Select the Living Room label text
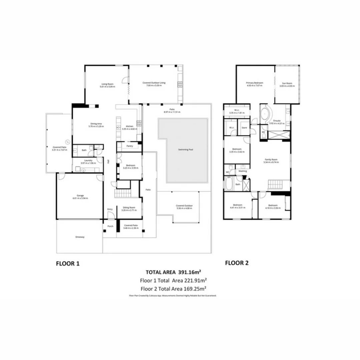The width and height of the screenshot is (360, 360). point(108,84)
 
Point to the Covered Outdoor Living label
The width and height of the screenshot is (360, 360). point(154,83)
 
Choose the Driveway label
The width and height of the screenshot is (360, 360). point(80,237)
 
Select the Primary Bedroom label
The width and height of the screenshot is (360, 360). point(255,83)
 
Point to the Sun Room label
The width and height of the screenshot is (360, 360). point(287,83)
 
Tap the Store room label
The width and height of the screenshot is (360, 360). point(244,128)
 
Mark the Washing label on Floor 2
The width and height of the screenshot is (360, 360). point(243,171)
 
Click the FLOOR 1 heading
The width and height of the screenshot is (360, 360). point(68,263)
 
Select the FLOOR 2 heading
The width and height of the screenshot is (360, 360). point(237,263)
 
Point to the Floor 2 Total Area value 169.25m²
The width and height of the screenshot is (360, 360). point(196,288)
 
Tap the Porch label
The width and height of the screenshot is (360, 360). point(110,226)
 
